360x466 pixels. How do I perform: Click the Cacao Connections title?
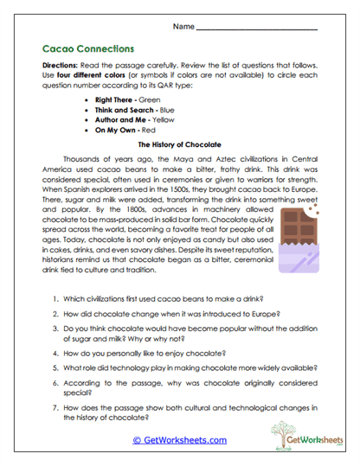coord(87,49)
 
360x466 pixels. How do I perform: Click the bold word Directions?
coord(63,66)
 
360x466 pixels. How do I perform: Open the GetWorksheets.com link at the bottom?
coord(180,439)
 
